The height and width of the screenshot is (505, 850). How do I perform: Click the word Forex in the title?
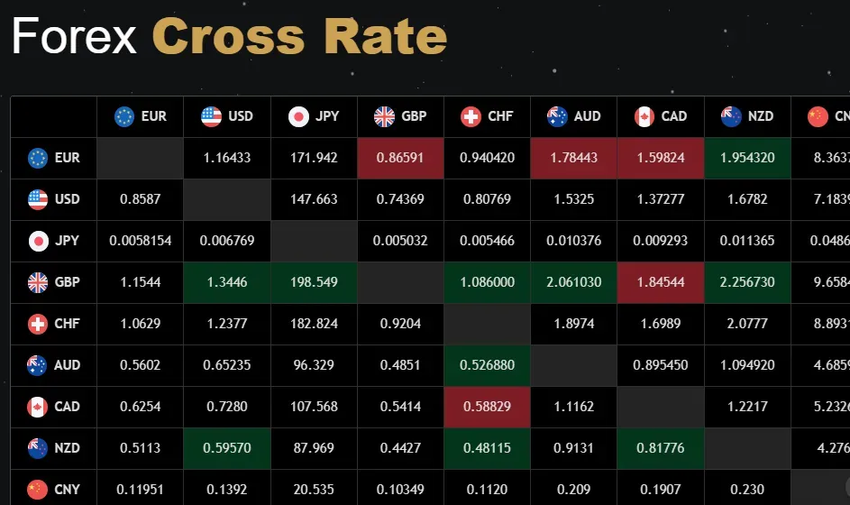(x=74, y=37)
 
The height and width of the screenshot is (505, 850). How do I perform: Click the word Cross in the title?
(x=230, y=37)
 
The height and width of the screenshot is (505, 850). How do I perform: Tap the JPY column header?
(x=314, y=116)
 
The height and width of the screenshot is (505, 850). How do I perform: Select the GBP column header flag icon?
(x=385, y=116)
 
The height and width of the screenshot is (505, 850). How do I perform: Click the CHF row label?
(x=54, y=324)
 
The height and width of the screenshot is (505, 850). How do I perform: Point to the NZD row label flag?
(x=38, y=448)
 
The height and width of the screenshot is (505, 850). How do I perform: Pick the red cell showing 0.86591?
(x=400, y=158)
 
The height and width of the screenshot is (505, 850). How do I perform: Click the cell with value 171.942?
(x=314, y=158)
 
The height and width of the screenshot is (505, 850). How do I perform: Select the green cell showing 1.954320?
(x=746, y=158)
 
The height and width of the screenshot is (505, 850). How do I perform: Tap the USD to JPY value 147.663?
(x=314, y=199)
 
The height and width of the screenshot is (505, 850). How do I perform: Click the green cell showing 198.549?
(x=314, y=282)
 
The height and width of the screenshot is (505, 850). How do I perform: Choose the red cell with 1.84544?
(x=660, y=282)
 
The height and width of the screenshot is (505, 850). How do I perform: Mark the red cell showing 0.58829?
(x=487, y=407)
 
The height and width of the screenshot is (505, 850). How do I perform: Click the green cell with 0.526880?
(x=487, y=365)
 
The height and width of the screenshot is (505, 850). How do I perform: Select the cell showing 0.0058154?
(x=141, y=241)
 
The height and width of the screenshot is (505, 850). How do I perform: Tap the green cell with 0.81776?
(x=660, y=448)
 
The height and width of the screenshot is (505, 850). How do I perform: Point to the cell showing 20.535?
(x=314, y=490)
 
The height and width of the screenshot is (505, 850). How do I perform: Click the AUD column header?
(x=573, y=116)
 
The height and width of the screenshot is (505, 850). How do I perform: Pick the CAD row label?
(x=54, y=407)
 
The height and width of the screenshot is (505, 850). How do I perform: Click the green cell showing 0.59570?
(x=227, y=448)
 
